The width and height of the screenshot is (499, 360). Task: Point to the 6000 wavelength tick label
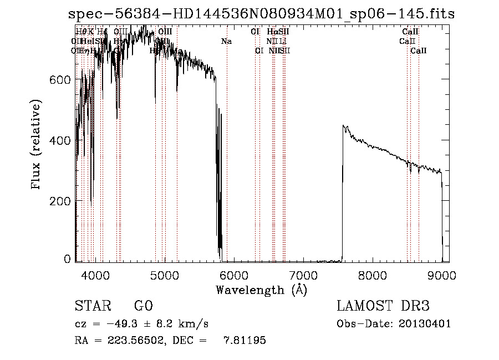point(234,275)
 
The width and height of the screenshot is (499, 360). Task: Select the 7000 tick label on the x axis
point(303,275)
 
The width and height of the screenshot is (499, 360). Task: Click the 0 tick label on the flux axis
point(67,258)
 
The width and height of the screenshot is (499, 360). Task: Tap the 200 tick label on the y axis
point(60,200)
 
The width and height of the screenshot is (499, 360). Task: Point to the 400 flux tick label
point(60,140)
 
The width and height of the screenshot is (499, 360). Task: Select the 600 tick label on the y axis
point(60,79)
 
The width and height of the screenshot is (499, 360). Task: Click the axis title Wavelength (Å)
point(261,290)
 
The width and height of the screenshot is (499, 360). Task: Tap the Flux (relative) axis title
point(37,145)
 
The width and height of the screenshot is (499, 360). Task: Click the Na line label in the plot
point(226,41)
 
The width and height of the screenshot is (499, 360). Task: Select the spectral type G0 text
point(143,307)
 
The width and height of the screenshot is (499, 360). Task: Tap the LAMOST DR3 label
point(383,307)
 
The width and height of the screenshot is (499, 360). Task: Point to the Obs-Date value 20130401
point(426,324)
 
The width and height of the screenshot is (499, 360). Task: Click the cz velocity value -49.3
point(120,324)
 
